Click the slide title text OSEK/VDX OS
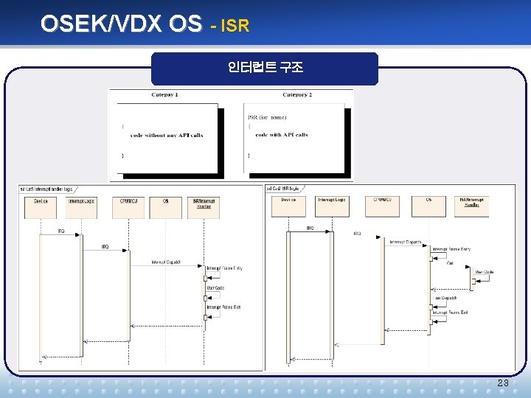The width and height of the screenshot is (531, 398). click(120, 24)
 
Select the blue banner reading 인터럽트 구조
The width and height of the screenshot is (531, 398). click(265, 69)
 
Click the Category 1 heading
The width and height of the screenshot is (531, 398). click(164, 95)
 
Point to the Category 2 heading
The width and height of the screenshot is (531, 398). click(296, 95)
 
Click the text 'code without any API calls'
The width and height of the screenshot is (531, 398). click(167, 136)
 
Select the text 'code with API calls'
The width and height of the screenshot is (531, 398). click(282, 135)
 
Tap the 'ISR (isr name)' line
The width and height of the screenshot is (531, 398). click(266, 117)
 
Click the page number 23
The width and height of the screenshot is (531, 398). click(503, 383)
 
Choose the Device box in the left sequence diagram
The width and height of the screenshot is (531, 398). click(40, 207)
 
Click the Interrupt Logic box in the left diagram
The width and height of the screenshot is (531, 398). click(82, 207)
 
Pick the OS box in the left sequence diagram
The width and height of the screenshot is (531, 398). click(165, 207)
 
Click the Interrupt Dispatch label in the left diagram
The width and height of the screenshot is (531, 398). click(166, 262)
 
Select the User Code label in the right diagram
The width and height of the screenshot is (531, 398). click(485, 272)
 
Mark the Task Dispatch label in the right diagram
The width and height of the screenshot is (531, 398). click(446, 298)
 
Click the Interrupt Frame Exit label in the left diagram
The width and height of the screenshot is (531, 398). click(223, 306)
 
